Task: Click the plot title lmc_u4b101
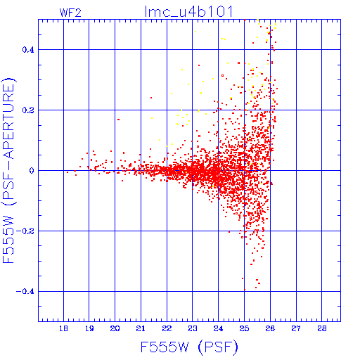coord(189,11)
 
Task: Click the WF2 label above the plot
coord(70,13)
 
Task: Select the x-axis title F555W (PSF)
coord(189,347)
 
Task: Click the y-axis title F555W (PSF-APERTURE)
coord(8,170)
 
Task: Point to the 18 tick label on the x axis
coord(63,328)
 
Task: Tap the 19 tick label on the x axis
coord(89,328)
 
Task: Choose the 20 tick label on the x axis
coord(115,328)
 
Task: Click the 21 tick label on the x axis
coord(141,328)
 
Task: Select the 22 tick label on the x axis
coord(167,328)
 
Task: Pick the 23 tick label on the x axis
coord(193,328)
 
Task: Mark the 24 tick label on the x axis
coord(218,328)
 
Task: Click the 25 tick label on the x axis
coord(244,328)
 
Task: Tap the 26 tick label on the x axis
coord(270,328)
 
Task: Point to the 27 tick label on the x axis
coord(296,328)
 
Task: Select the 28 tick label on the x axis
coord(322,328)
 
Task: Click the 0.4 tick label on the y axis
coord(28,50)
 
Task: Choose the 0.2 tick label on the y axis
coord(28,110)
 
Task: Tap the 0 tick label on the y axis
coord(32,171)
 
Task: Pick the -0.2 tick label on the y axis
coord(25,231)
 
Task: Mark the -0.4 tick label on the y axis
coord(25,292)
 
